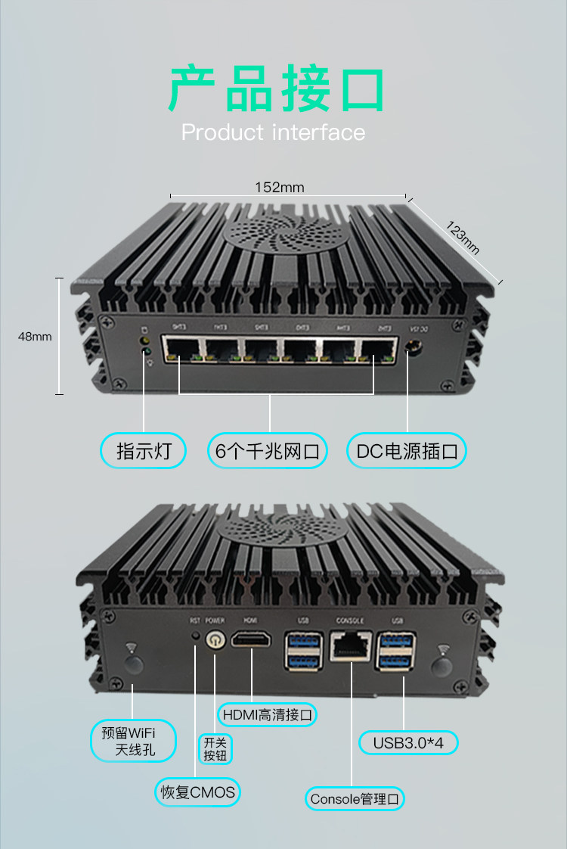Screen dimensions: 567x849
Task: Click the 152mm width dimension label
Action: point(280,187)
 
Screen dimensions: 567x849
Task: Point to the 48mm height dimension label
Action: point(35,336)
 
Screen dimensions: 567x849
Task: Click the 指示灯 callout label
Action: point(143,452)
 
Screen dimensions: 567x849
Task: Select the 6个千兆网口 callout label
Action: point(268,452)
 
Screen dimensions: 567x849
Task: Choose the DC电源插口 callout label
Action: point(407,452)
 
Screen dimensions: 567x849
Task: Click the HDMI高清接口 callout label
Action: point(267,714)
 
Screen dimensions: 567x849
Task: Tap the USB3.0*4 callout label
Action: point(408,743)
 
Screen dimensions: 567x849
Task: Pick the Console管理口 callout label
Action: point(355,798)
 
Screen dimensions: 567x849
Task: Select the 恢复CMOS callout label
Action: point(197,792)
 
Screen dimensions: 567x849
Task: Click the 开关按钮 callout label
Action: point(215,748)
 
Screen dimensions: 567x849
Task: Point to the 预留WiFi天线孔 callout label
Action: point(133,741)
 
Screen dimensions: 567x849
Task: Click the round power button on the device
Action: point(215,639)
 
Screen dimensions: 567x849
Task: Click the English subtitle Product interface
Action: point(273,132)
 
